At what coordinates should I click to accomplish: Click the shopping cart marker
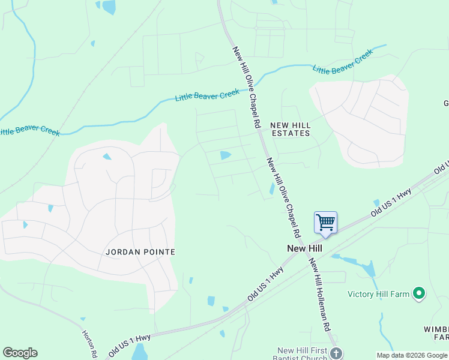[x=325, y=223]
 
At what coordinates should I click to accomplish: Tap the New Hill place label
[x=305, y=248]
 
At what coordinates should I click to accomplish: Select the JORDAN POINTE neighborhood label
[x=140, y=252]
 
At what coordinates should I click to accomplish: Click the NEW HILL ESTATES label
[x=291, y=129]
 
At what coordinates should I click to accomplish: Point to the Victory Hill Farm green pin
[x=420, y=294]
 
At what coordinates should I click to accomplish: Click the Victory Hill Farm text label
[x=378, y=294]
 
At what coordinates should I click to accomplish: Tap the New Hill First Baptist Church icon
[x=336, y=353]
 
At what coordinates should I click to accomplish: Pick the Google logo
[x=20, y=353]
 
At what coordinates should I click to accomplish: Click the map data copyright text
[x=412, y=355]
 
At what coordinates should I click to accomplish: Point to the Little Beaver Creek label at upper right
[x=343, y=62]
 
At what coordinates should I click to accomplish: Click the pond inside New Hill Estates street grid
[x=226, y=155]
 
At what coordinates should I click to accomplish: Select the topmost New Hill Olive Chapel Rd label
[x=246, y=88]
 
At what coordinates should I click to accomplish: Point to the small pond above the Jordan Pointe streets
[x=106, y=157]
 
